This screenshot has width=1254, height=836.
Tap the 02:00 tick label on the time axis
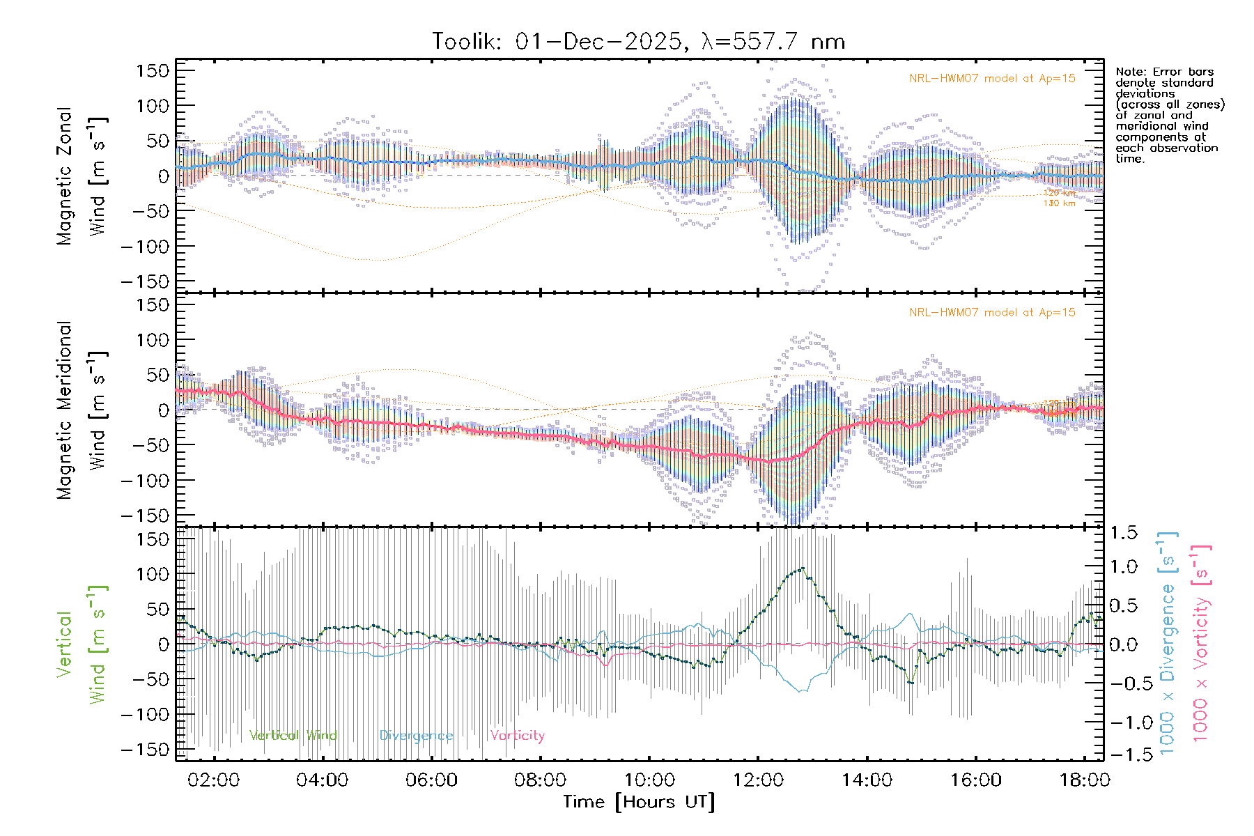(213, 780)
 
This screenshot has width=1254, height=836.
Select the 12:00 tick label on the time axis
(758, 780)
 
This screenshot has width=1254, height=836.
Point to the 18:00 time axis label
(1085, 780)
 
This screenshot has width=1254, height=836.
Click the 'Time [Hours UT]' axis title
(639, 802)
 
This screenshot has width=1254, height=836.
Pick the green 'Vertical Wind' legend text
(293, 736)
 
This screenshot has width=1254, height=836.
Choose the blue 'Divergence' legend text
(416, 736)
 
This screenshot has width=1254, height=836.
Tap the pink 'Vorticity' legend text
(517, 736)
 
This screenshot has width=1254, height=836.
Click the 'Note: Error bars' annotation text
(1165, 72)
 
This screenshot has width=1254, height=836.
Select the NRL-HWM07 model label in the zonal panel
(992, 79)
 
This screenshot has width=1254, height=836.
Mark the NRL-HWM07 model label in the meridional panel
(992, 313)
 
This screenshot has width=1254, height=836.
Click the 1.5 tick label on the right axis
(1123, 533)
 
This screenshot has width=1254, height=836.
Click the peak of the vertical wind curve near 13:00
(803, 568)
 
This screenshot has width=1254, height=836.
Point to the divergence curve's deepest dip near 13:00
(802, 691)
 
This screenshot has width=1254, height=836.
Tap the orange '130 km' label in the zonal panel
(1059, 203)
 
